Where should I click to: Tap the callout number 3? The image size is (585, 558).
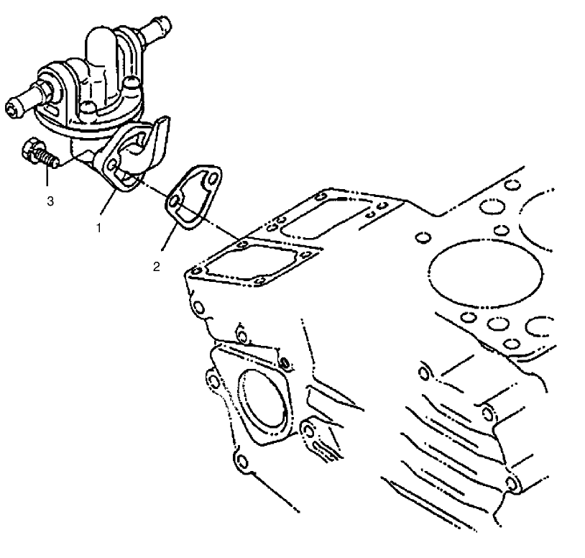point(50,201)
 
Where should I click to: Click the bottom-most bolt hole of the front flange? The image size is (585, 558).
point(242,460)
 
